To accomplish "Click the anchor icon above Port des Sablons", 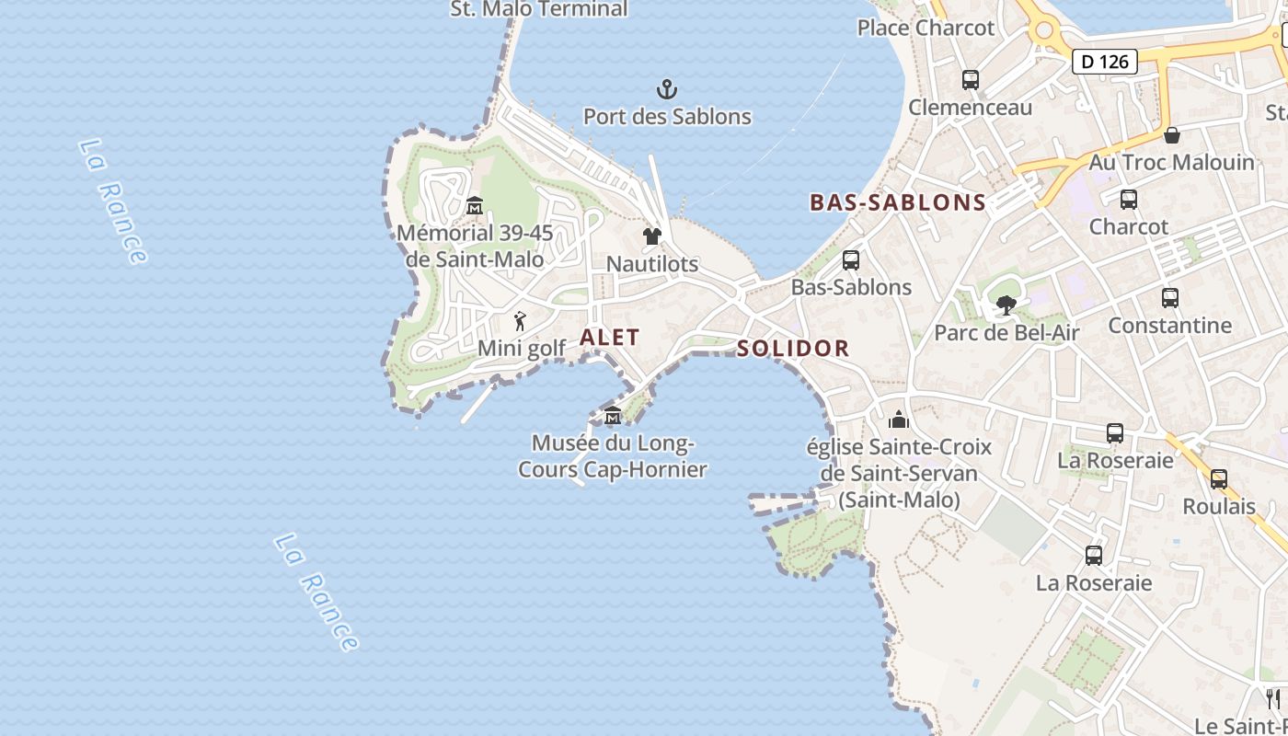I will (667, 89).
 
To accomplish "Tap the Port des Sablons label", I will (667, 117).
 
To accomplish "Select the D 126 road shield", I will (1104, 62).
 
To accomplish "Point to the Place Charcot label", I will (926, 28).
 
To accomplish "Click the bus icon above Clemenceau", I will (971, 80).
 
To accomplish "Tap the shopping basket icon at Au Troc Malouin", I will (1172, 136).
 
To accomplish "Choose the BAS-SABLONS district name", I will (898, 202).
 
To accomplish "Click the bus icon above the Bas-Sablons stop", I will (851, 260).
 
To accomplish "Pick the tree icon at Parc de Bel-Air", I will (1006, 305).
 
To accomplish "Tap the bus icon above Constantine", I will (1170, 298).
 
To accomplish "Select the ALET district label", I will (609, 338).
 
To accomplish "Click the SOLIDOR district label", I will (793, 349).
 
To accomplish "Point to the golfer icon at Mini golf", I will (521, 322).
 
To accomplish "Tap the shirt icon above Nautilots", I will (652, 236).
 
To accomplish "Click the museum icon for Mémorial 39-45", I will (475, 205).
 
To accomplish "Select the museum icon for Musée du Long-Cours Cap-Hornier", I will (613, 416).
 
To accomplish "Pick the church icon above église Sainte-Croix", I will (899, 420).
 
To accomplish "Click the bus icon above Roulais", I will (1219, 479).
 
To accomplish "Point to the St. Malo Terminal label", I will (539, 9).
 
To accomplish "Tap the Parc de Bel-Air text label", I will (1006, 332).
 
